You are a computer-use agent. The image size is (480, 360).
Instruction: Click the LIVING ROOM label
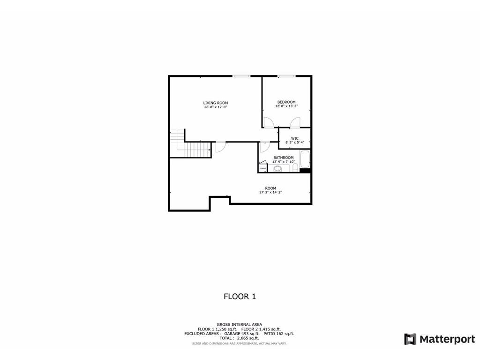(216, 103)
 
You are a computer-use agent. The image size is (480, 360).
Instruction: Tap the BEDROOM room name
(286, 102)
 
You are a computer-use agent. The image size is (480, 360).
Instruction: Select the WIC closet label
(295, 138)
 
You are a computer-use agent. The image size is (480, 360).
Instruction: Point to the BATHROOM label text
(284, 157)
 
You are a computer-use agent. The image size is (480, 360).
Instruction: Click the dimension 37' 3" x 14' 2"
(270, 192)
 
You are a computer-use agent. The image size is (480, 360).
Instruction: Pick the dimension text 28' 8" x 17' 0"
(216, 107)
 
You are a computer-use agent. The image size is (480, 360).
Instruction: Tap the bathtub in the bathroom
(305, 159)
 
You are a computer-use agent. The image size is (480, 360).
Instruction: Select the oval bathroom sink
(278, 168)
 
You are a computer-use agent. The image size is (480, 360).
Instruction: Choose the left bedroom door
(269, 123)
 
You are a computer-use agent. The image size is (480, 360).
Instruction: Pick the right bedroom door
(295, 123)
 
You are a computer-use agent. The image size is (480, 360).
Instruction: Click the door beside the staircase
(220, 147)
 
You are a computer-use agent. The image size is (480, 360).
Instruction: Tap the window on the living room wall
(241, 76)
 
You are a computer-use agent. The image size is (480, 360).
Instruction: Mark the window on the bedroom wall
(286, 76)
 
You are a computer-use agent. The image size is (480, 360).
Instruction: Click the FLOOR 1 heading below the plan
(240, 296)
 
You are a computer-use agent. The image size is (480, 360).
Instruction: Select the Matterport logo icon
(410, 339)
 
